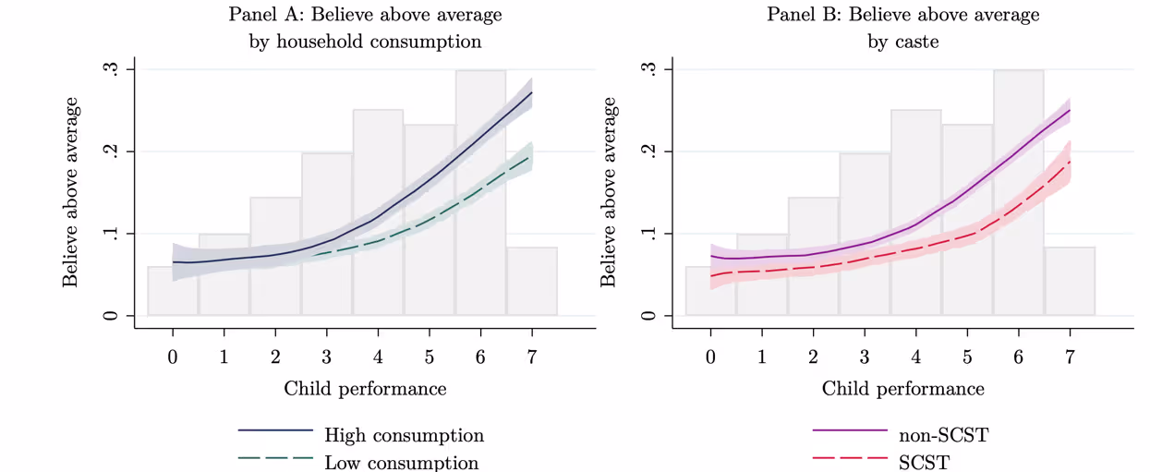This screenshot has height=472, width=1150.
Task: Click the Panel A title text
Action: [x=365, y=28]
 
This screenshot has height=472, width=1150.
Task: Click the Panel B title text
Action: [x=902, y=28]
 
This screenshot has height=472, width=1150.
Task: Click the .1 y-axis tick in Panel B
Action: [x=653, y=234]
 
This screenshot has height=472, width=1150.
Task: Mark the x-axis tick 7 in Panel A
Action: [x=532, y=357]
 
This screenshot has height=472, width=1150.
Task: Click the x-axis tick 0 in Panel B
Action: [x=710, y=357]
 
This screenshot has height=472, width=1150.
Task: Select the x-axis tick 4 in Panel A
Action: [x=378, y=357]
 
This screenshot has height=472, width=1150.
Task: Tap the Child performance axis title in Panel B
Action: [x=902, y=388]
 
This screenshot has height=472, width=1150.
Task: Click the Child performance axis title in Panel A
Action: [x=365, y=388]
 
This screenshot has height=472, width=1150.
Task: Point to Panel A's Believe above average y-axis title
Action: [x=71, y=192]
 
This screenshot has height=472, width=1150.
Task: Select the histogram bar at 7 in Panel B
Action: [x=1070, y=282]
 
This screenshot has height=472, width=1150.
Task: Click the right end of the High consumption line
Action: [x=532, y=92]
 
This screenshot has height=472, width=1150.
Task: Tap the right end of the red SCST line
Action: [x=1070, y=162]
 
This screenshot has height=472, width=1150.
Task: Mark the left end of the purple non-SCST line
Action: [x=710, y=256]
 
